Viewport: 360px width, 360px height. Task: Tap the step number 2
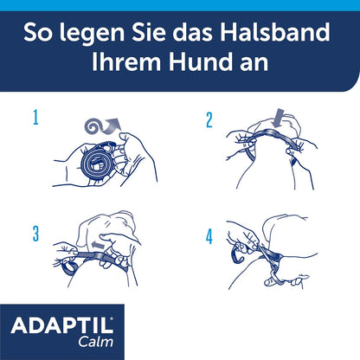click(x=209, y=120)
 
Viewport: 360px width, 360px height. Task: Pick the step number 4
click(x=208, y=234)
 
